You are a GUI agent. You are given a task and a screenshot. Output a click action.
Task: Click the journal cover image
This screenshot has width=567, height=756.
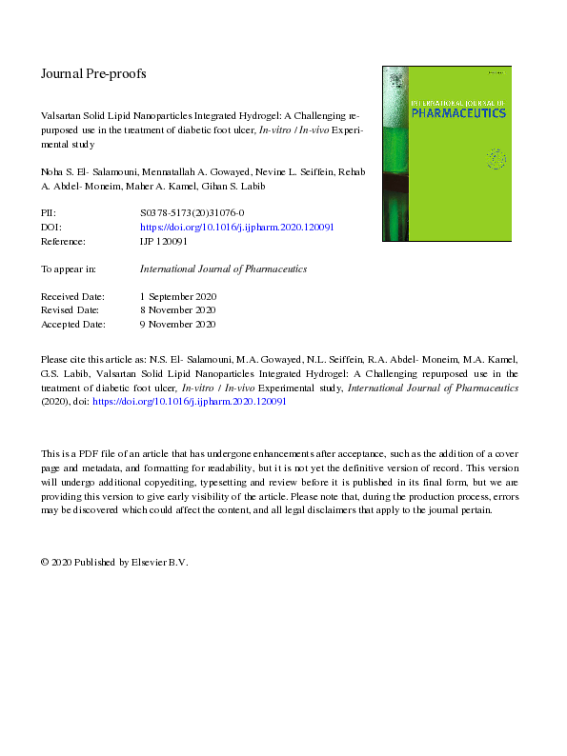pos(446,152)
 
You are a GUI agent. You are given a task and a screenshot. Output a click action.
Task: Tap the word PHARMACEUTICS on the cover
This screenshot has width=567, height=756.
pos(446,113)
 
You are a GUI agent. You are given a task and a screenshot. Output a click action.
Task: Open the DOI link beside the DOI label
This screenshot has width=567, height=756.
pos(236,229)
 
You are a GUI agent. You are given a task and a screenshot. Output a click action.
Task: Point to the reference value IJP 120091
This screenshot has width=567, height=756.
pos(163,242)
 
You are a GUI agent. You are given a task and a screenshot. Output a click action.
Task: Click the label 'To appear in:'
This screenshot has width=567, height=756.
pos(69,269)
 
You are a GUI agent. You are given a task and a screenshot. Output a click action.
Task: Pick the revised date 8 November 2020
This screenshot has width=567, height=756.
pos(178,310)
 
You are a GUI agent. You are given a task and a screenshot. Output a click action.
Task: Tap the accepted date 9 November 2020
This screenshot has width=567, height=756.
pos(178,324)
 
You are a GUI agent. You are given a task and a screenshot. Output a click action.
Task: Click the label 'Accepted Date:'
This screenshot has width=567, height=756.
pos(75,324)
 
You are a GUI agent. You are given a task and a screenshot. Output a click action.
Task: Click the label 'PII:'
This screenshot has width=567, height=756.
pos(50,214)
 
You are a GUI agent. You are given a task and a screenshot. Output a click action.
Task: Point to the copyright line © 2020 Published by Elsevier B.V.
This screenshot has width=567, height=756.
pos(114,563)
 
